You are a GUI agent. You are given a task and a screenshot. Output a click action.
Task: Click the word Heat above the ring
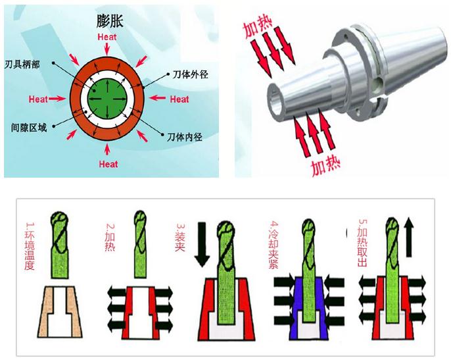[107, 37]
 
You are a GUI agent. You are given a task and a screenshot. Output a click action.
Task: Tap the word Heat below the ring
[108, 164]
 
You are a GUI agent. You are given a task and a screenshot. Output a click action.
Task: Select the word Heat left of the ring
[38, 99]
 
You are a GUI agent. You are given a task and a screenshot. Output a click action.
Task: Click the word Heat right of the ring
[179, 99]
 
